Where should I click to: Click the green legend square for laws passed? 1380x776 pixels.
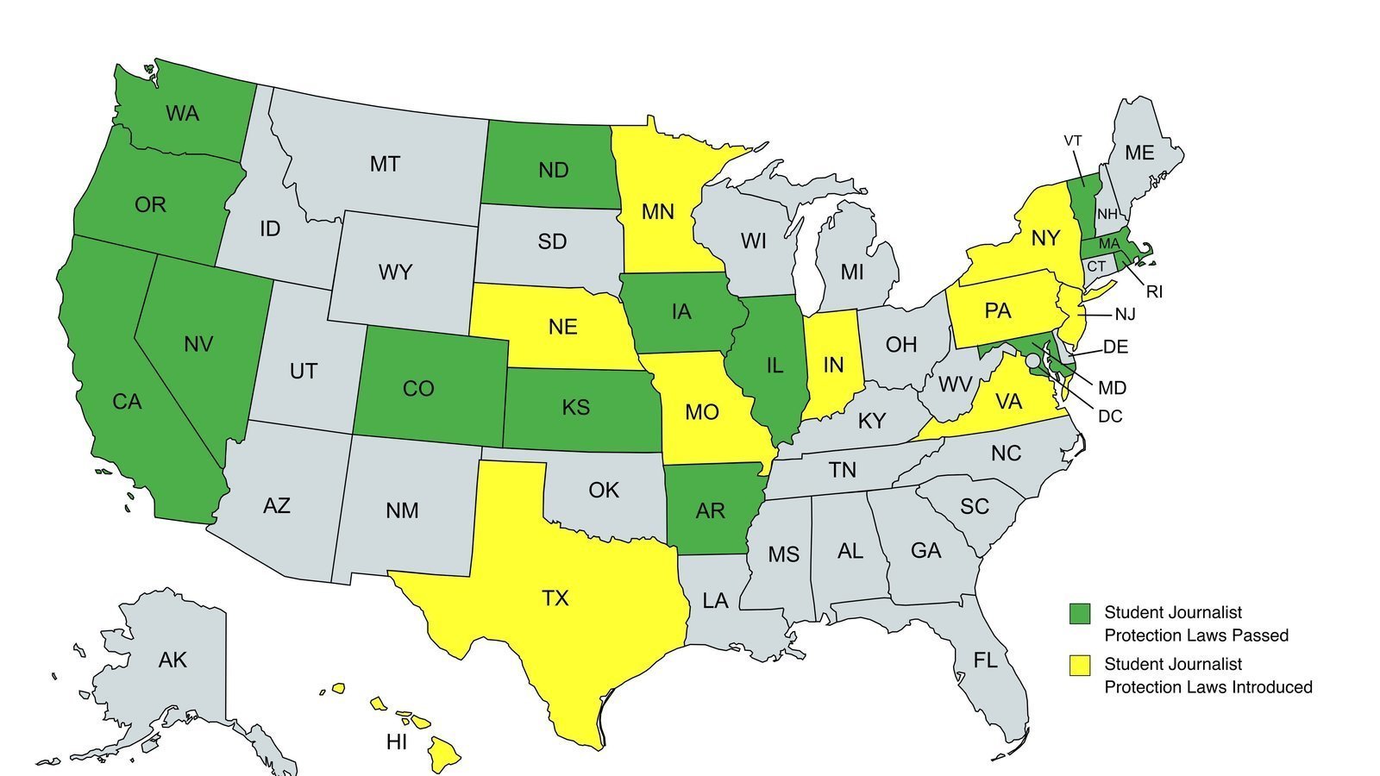click(1080, 613)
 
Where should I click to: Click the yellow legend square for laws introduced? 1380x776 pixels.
click(1080, 665)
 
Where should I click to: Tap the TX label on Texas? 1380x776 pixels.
click(555, 598)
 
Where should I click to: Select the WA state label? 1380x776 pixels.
click(182, 113)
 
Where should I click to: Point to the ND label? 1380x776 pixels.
click(553, 170)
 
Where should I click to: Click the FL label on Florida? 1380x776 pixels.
click(985, 660)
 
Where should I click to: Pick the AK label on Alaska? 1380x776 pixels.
click(172, 660)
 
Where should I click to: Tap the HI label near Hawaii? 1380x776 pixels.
click(397, 742)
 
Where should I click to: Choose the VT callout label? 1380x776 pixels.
click(1073, 141)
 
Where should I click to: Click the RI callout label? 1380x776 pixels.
click(1154, 292)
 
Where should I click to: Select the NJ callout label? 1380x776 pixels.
click(1125, 315)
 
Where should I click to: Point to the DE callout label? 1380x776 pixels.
click(1115, 347)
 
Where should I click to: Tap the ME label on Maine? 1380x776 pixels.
click(1139, 153)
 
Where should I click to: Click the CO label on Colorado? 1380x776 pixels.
click(418, 389)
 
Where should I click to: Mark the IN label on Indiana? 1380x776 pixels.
click(832, 365)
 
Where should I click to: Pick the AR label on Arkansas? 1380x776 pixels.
click(710, 511)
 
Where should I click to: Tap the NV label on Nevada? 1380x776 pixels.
click(198, 344)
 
